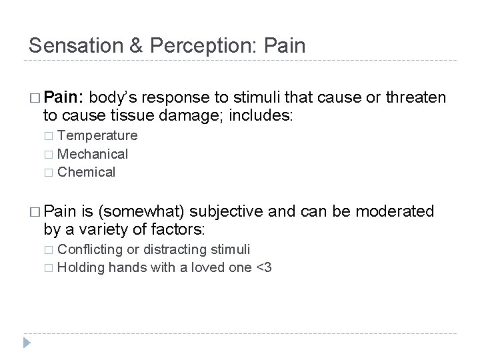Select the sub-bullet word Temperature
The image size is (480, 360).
[x=97, y=135]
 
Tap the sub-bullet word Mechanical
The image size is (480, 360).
[x=93, y=153]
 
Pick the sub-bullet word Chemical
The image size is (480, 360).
[x=87, y=172]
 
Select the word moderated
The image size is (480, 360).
[x=395, y=211]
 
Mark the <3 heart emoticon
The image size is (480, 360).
[x=262, y=267]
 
